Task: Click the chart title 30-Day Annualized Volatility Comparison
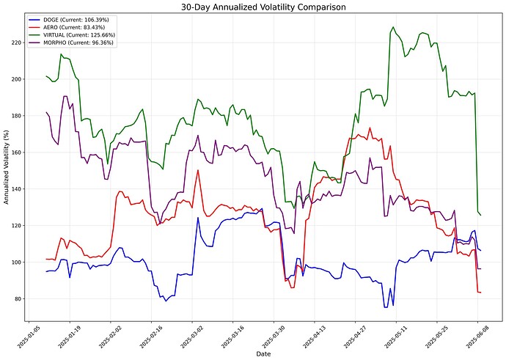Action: pyautogui.click(x=253, y=7)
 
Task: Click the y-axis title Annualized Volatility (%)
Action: pyautogui.click(x=6, y=170)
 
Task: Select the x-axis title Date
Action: pyautogui.click(x=263, y=354)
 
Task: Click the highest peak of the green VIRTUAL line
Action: pyautogui.click(x=393, y=27)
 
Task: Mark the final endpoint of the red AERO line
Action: pyautogui.click(x=480, y=293)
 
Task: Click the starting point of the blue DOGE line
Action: pyautogui.click(x=46, y=271)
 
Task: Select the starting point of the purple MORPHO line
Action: pyautogui.click(x=46, y=112)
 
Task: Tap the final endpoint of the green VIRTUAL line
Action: pyautogui.click(x=480, y=215)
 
